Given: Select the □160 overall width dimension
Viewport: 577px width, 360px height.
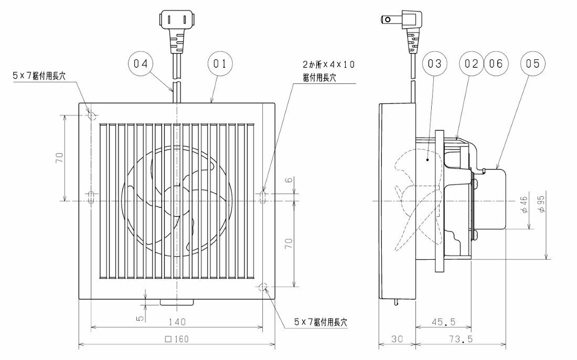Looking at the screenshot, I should (177, 339).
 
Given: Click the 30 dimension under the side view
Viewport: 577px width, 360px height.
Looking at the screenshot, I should (397, 339).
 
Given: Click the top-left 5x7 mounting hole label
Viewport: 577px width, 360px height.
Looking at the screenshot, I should (39, 76).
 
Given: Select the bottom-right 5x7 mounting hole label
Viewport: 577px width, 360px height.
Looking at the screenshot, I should (320, 322).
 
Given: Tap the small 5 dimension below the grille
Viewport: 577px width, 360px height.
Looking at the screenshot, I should (140, 318).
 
